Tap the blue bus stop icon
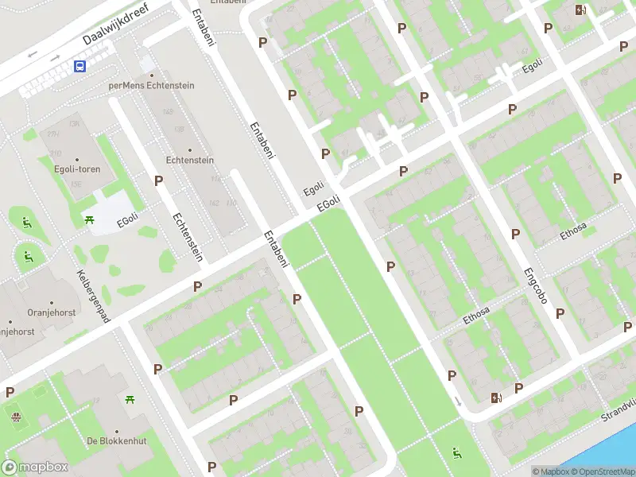pyautogui.click(x=80, y=67)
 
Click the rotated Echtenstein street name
pyautogui.click(x=188, y=237)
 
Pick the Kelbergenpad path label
pyautogui.click(x=94, y=295)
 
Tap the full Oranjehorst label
pyautogui.click(x=52, y=312)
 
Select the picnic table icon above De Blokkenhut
pyautogui.click(x=129, y=399)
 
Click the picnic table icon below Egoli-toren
pyautogui.click(x=89, y=219)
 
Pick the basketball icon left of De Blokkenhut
pyautogui.click(x=14, y=415)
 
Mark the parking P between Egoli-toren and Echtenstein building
pyautogui.click(x=158, y=180)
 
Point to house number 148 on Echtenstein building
pyautogui.click(x=167, y=111)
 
